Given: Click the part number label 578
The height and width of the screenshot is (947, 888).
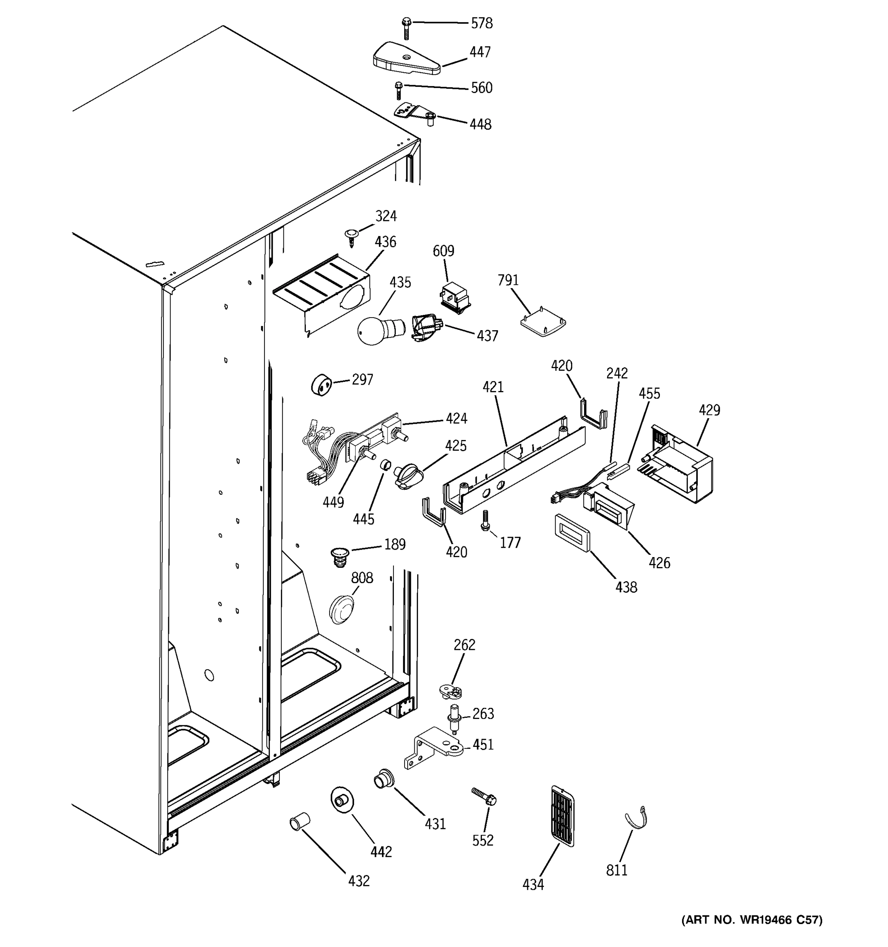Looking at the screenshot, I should [x=481, y=23].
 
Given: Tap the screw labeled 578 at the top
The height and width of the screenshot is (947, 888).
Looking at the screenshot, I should [x=406, y=28].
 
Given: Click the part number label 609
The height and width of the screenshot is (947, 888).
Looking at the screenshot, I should [x=443, y=251].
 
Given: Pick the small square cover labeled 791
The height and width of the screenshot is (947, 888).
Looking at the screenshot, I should [x=543, y=324].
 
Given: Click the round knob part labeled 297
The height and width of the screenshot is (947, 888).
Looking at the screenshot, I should [x=322, y=384].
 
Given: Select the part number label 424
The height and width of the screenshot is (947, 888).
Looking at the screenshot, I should [x=456, y=419].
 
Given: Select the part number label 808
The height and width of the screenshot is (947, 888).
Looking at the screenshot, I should [x=362, y=578].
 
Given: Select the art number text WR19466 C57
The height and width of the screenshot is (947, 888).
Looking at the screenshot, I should [x=752, y=933].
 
